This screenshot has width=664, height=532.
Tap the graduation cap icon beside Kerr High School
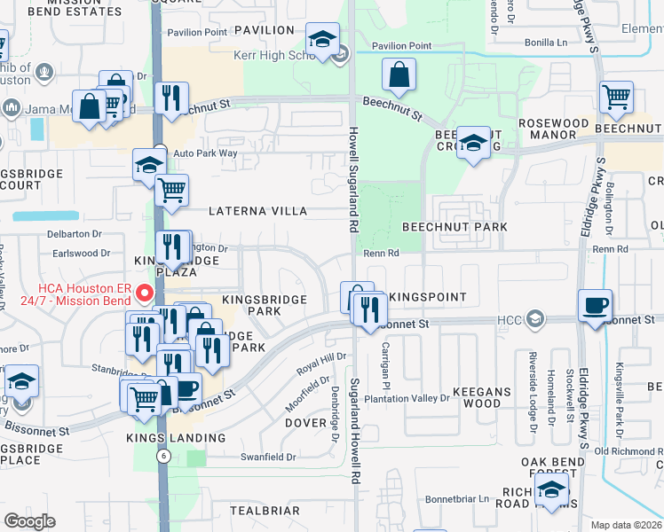coord(322,39)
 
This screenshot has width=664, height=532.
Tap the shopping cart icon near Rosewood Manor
coord(616,98)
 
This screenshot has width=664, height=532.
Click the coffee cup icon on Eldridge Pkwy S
coord(595,306)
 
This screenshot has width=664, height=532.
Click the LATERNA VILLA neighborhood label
coord(257,212)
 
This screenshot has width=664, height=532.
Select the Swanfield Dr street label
coord(267,457)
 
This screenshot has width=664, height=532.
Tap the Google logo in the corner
coord(30,521)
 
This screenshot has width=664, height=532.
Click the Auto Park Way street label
coord(205,153)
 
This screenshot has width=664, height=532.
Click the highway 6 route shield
coord(163,456)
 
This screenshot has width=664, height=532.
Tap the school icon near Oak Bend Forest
coord(552,490)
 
